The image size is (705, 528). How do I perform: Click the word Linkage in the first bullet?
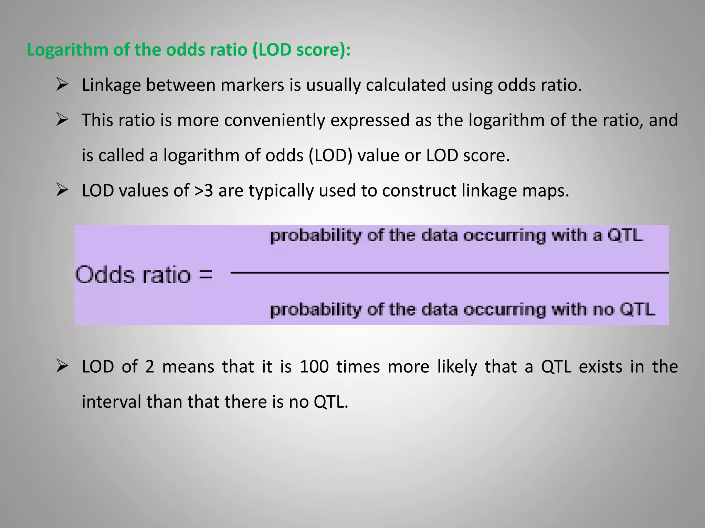tap(111, 85)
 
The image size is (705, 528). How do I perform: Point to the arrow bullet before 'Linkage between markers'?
tap(62, 84)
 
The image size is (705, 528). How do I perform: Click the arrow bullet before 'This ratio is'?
tap(62, 120)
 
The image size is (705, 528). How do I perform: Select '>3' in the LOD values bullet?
tap(203, 190)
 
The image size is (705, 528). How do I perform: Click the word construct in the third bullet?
tap(419, 190)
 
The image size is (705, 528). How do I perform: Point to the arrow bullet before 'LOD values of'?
tap(62, 190)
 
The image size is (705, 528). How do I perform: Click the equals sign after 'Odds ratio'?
tap(206, 275)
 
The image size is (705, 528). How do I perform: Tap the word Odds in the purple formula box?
tap(105, 275)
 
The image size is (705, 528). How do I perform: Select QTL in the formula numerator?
tap(625, 236)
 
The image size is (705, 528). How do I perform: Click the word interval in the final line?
tap(111, 402)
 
